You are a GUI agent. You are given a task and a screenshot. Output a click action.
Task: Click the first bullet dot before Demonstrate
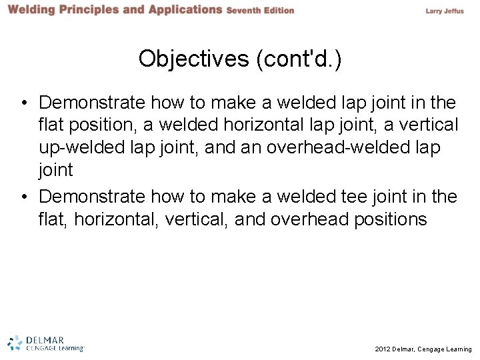pyautogui.click(x=23, y=103)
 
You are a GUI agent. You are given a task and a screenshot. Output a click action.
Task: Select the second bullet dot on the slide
pyautogui.click(x=23, y=197)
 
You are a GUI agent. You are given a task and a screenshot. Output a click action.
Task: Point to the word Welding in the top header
pyautogui.click(x=33, y=10)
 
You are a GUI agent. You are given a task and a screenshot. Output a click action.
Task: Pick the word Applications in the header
pyautogui.click(x=180, y=10)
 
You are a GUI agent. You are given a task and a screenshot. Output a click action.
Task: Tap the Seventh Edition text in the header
pyautogui.click(x=260, y=11)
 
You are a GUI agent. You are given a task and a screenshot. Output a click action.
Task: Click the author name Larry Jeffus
pyautogui.click(x=448, y=11)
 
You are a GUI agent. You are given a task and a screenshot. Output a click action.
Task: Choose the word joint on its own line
pyautogui.click(x=55, y=170)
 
